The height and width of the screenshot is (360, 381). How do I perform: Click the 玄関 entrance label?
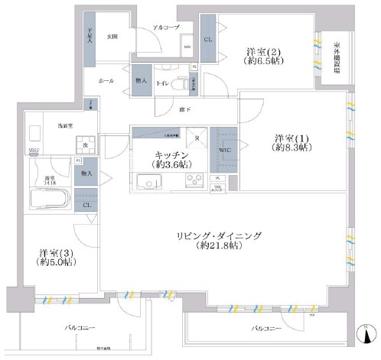pos(112,36)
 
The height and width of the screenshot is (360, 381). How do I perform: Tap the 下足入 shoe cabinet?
pos(89,38)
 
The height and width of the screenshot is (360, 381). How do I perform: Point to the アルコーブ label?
pos(165,27)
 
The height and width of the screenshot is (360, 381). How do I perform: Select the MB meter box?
pos(187,48)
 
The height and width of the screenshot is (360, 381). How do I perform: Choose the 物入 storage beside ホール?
pos(140,81)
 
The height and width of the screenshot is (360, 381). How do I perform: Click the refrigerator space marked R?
pos(197,138)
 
